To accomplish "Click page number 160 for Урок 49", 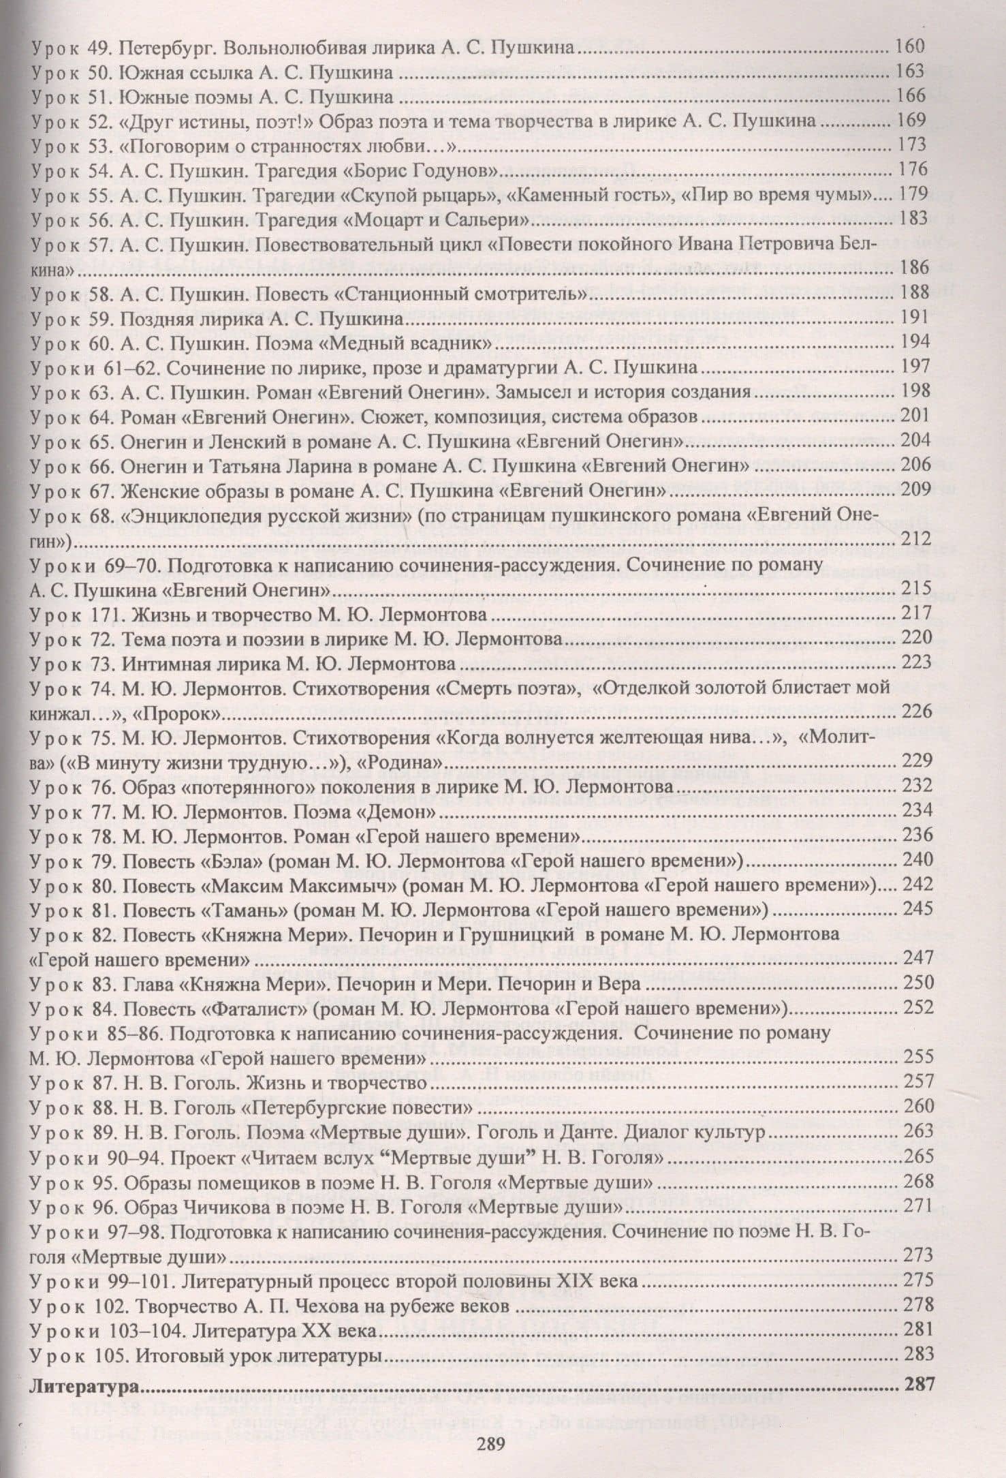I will (910, 47).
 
